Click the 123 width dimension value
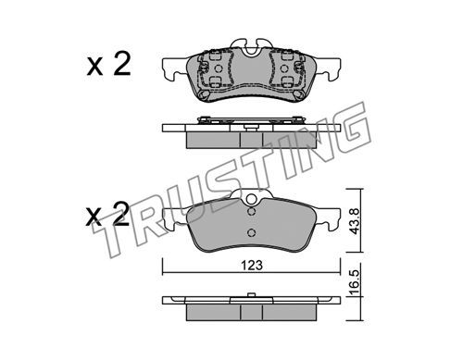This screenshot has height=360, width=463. tap(252, 265)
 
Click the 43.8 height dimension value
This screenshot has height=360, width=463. tap(355, 221)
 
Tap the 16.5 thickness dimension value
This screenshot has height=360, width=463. tap(355, 282)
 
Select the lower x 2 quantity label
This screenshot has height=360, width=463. tap(107, 214)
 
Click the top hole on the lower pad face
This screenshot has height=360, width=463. tap(252, 212)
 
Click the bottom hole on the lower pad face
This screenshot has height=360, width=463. tap(252, 232)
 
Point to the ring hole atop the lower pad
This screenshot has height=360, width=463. tap(252, 199)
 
